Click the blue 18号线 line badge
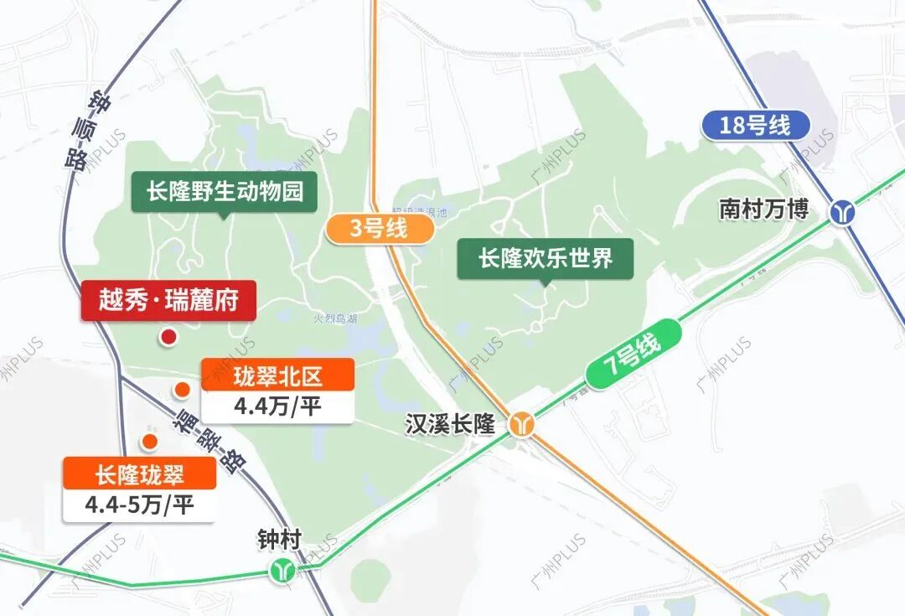756,126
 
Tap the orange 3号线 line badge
378,229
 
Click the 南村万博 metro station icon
841,211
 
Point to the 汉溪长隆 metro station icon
524,424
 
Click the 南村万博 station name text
763,209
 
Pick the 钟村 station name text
279,541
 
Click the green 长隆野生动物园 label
224,191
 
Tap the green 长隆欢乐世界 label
546,258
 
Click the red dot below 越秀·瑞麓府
168,338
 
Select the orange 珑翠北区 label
277,375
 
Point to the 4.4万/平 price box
277,407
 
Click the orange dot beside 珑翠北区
182,390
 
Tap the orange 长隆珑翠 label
139,475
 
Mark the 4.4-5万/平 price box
139,506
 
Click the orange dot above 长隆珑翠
150,442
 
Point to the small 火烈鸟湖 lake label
334,318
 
